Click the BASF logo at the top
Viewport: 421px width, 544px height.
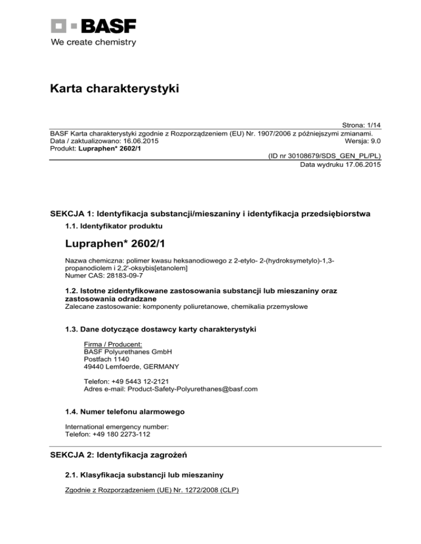94,26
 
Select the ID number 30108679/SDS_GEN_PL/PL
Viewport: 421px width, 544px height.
324,156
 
